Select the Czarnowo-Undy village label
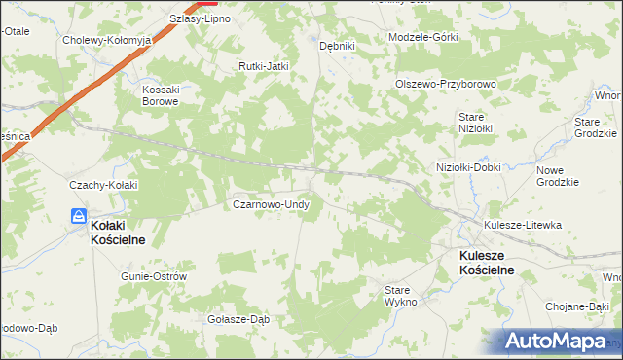271,204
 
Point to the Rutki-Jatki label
265,66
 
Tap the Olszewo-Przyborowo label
446,84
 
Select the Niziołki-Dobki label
468,167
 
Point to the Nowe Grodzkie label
558,176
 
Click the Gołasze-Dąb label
238,319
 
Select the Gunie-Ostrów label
153,276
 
